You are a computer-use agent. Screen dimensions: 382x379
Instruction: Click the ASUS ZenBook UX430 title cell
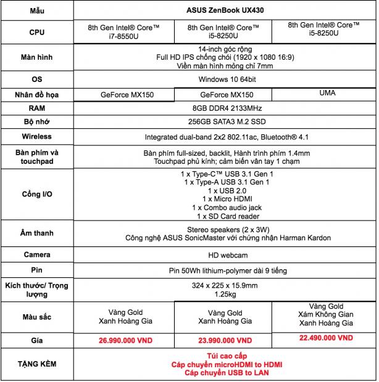tap(225, 10)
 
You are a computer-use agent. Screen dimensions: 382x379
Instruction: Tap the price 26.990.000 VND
tap(125, 340)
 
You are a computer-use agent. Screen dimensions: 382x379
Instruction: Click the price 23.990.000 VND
tap(225, 340)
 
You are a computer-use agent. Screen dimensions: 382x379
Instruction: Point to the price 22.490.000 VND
tap(327, 338)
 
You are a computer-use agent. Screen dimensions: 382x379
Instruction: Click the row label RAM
tap(36, 108)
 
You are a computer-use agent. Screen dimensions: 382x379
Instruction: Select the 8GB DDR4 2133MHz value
tap(225, 108)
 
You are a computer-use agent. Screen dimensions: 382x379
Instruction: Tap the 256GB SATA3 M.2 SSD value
tap(225, 122)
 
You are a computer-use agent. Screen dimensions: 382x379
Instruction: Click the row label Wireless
tap(36, 136)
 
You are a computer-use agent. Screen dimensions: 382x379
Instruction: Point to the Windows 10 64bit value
tap(225, 79)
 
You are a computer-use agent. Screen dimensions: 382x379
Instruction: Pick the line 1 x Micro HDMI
tap(225, 199)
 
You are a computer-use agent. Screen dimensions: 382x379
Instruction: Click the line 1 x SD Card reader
tap(225, 216)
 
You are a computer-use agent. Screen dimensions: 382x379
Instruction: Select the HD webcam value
tap(225, 254)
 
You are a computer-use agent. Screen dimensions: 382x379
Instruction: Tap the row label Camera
tap(36, 254)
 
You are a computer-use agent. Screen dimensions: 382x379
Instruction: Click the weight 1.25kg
tap(225, 295)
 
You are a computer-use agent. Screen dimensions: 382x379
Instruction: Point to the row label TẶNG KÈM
tap(36, 364)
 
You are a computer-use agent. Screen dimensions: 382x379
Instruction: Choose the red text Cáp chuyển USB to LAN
tap(225, 373)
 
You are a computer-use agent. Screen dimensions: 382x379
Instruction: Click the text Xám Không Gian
tap(327, 314)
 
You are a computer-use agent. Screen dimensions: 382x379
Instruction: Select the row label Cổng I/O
tap(36, 195)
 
